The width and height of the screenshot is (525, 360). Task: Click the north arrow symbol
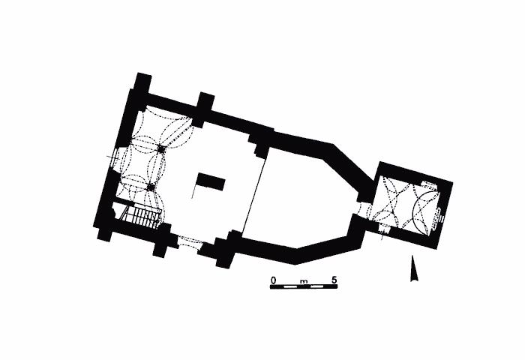tap(413, 268)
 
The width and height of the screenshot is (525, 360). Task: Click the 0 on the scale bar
tap(274, 280)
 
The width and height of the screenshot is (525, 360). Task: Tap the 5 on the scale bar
tap(334, 280)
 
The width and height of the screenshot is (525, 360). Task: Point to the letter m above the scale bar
tap(304, 280)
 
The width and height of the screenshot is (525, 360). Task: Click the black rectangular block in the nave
tap(211, 181)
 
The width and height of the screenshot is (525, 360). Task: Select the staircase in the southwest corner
tap(143, 216)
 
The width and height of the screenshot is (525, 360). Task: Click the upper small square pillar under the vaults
tap(160, 148)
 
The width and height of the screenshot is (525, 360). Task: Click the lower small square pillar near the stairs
tap(150, 186)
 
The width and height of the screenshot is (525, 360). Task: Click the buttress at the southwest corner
tap(104, 233)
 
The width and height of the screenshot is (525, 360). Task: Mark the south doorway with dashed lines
tap(188, 242)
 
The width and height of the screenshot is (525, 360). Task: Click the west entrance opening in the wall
tap(115, 160)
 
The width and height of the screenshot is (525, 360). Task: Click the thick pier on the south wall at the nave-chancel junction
tap(226, 249)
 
